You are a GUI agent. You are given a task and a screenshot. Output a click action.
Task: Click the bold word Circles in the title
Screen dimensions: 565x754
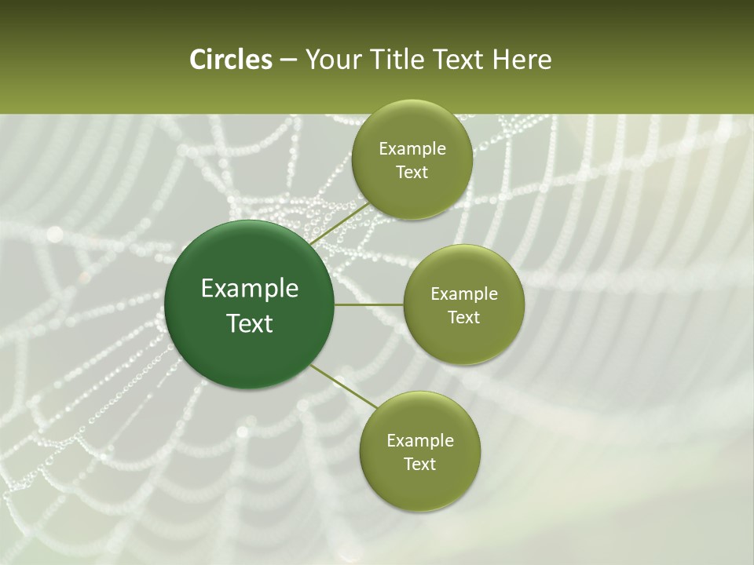230,60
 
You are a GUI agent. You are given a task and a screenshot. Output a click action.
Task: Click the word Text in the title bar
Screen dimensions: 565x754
457,60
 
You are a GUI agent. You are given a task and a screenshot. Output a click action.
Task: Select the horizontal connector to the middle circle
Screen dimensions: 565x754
368,304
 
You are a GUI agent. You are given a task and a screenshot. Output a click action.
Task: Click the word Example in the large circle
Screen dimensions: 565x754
250,289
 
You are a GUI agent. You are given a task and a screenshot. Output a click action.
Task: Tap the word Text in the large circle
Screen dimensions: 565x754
250,323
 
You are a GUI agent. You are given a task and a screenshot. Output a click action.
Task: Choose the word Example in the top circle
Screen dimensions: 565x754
412,149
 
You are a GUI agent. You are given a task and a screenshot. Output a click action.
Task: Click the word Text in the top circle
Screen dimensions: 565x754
412,173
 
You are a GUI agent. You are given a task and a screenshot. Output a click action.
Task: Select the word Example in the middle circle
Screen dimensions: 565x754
464,294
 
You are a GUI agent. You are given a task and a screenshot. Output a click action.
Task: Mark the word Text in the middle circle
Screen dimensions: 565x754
463,318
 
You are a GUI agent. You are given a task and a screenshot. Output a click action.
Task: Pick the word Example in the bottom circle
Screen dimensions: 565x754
420,441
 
